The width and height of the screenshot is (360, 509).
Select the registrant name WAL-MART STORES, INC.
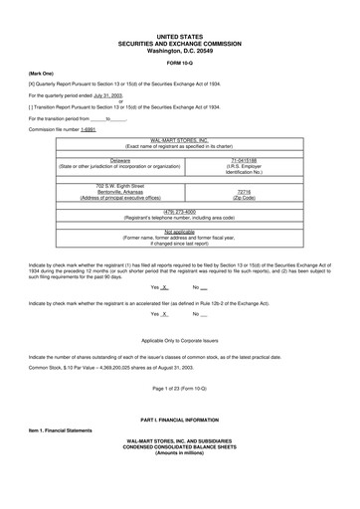[180, 142]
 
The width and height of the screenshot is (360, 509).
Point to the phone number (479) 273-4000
[180, 211]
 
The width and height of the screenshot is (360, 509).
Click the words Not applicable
[180, 231]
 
